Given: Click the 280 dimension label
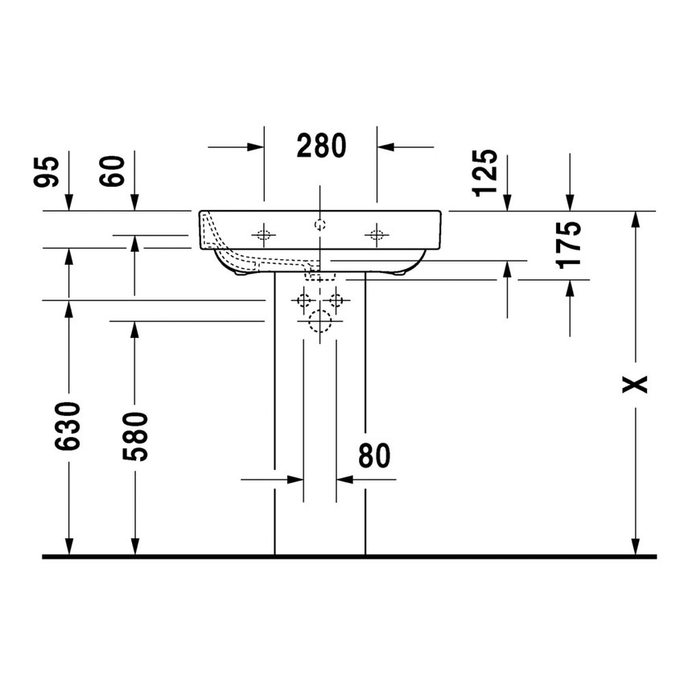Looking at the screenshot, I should click(321, 146).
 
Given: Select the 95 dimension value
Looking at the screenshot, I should click(50, 171).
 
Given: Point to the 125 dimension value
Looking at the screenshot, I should click(486, 172).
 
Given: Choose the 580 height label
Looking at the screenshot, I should click(134, 435).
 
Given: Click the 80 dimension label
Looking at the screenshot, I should click(374, 455).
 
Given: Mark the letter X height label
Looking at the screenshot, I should click(637, 385).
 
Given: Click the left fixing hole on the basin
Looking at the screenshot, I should click(263, 234).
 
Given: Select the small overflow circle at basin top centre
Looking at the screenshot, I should click(319, 223).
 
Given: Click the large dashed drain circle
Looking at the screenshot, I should click(319, 322).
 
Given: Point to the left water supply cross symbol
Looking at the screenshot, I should click(303, 301).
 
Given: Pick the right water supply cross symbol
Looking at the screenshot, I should click(336, 301).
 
